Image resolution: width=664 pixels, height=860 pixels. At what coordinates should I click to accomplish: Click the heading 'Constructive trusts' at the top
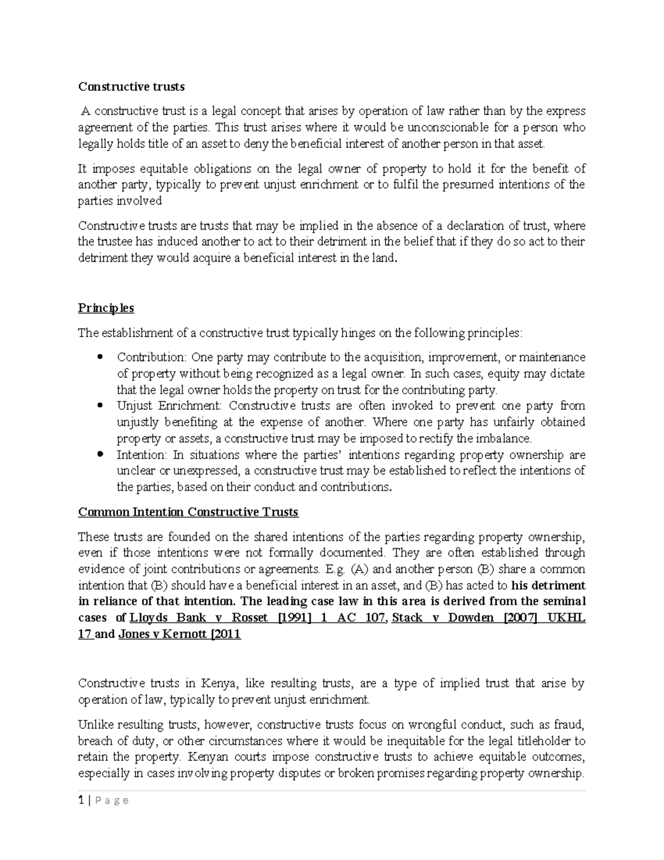[131, 87]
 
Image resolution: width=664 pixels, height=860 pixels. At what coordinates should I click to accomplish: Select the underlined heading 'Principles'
[106, 308]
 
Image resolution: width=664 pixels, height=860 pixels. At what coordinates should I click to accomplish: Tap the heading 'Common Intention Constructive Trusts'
[188, 512]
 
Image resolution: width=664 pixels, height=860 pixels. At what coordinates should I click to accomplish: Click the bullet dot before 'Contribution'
[100, 357]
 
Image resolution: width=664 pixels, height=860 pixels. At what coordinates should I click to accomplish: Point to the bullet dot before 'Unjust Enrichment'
[100, 406]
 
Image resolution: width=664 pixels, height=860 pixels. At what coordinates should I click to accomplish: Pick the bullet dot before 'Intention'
[100, 455]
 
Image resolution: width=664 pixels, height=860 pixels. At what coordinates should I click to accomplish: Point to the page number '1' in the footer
[81, 800]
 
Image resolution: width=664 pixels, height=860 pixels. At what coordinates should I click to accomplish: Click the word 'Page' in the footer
[112, 801]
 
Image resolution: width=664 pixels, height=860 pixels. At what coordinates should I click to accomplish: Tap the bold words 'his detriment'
[548, 585]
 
